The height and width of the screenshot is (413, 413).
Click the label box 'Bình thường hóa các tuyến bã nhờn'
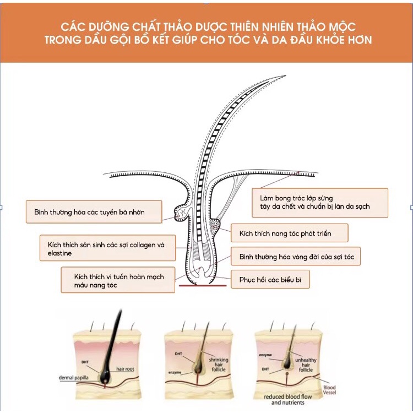[94, 212]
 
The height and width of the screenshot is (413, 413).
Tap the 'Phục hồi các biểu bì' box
[270, 279]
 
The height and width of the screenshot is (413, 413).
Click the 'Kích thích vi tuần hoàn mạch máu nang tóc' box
[118, 279]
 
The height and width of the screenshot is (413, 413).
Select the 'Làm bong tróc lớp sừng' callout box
[320, 203]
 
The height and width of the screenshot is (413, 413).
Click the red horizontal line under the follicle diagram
[202, 286]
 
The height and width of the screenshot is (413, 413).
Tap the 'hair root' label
[125, 368]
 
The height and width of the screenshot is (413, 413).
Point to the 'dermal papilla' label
[76, 378]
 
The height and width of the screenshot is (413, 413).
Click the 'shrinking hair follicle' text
[218, 366]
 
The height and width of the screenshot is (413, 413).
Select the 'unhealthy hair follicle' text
[306, 363]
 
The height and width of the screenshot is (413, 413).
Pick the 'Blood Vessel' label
[329, 390]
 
